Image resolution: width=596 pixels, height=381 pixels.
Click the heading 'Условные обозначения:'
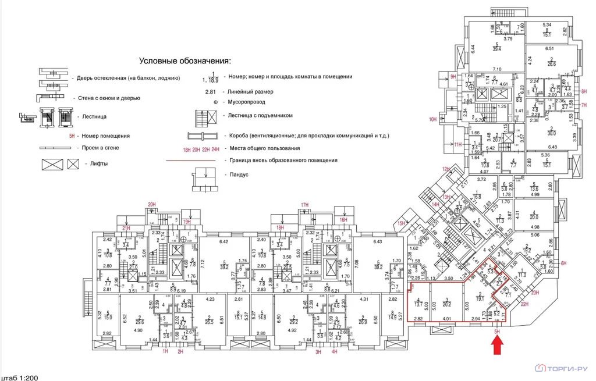pyautogui.click(x=185, y=60)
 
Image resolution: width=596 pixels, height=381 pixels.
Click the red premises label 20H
pyautogui.click(x=152, y=204)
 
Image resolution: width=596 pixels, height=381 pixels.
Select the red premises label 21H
pyautogui.click(x=126, y=229)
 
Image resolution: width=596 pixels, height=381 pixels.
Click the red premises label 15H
pyautogui.click(x=400, y=223)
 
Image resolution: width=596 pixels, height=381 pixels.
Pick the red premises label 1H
pyautogui.click(x=165, y=351)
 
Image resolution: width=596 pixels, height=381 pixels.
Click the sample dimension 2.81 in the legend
pyautogui.click(x=210, y=91)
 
